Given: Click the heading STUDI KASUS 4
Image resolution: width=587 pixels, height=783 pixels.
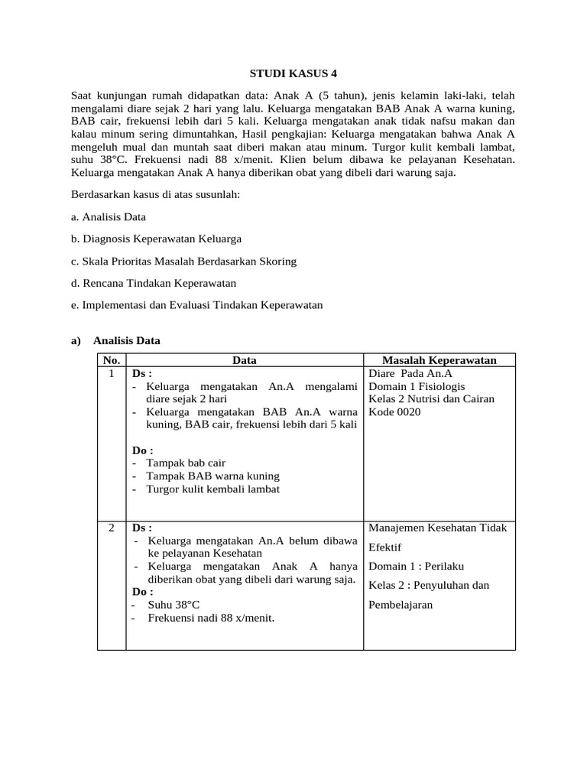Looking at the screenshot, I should (293, 74).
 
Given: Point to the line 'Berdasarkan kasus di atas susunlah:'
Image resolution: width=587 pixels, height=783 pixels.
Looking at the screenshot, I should (155, 195).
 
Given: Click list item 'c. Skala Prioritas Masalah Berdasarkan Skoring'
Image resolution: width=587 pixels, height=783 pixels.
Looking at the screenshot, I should (183, 262).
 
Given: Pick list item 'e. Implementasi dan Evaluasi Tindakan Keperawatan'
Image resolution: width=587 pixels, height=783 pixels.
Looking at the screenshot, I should (196, 305).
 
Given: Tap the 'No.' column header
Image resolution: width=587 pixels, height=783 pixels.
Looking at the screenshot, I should (112, 360).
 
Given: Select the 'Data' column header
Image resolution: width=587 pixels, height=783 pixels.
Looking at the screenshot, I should (245, 360).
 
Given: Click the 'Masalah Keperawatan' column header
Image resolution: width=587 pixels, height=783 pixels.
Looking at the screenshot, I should (439, 360).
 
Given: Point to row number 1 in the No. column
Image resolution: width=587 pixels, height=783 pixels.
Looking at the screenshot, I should (112, 373).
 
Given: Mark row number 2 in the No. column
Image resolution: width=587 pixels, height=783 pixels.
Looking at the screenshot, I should (112, 528).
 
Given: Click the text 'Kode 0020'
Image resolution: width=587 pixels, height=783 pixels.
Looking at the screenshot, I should (394, 412).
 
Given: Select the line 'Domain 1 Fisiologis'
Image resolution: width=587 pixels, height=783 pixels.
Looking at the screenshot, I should (417, 386).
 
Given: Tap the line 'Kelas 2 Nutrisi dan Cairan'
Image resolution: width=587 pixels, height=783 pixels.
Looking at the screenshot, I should (431, 399).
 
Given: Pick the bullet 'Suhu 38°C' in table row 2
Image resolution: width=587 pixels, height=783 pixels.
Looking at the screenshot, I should (173, 605).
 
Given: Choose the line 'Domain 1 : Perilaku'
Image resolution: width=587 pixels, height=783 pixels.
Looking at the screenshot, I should (416, 567).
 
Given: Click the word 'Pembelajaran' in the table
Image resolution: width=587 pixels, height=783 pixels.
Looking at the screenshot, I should (401, 605).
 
